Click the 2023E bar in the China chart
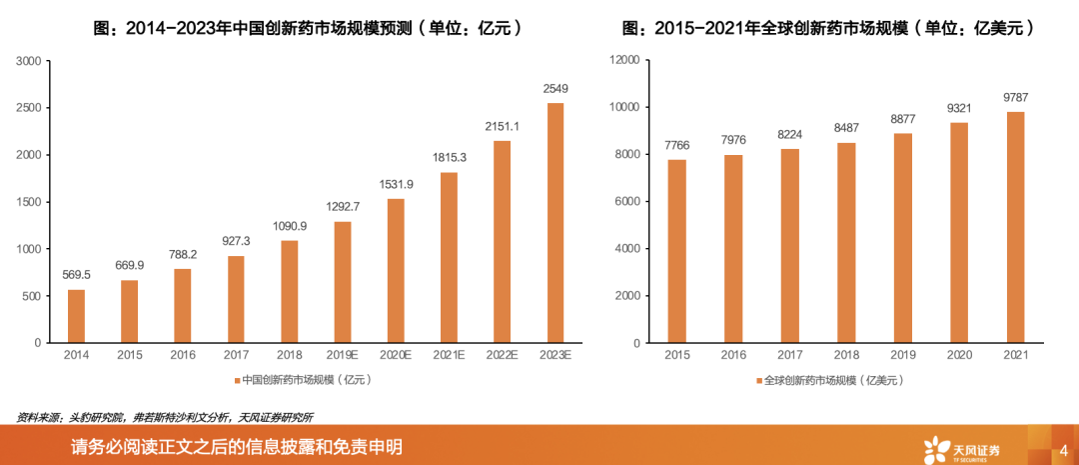pyautogui.click(x=554, y=223)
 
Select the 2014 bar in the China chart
pyautogui.click(x=77, y=316)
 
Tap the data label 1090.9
pyautogui.click(x=289, y=227)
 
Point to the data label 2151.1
pyautogui.click(x=502, y=127)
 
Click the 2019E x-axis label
pyautogui.click(x=343, y=355)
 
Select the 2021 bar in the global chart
pyautogui.click(x=1015, y=227)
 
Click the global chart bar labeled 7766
pyautogui.click(x=677, y=251)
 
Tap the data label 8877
pyautogui.click(x=902, y=119)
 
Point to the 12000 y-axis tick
pyautogui.click(x=622, y=61)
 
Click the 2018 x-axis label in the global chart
pyautogui.click(x=846, y=355)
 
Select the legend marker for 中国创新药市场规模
pyautogui.click(x=237, y=380)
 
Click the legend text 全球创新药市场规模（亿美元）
pyautogui.click(x=834, y=380)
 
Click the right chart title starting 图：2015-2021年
pyautogui.click(x=827, y=29)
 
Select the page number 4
pyautogui.click(x=1063, y=448)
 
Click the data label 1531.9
pyautogui.click(x=396, y=184)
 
